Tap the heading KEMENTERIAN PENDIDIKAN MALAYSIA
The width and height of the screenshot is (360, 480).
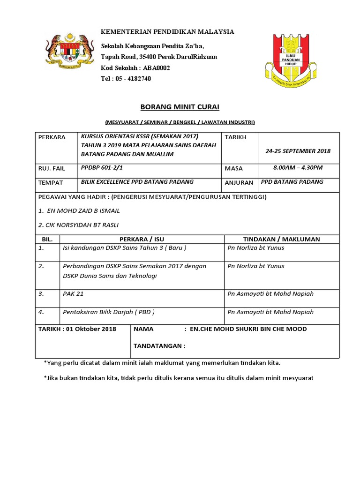click(168, 31)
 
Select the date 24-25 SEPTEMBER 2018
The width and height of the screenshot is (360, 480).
click(298, 151)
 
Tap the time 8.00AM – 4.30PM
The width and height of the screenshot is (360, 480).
click(298, 167)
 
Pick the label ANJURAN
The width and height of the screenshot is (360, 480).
click(239, 183)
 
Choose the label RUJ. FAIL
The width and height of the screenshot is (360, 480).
click(52, 168)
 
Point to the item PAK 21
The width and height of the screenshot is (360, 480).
click(73, 294)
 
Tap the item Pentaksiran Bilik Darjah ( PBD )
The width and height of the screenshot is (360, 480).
click(109, 312)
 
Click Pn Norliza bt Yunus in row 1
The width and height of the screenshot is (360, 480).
click(255, 248)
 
